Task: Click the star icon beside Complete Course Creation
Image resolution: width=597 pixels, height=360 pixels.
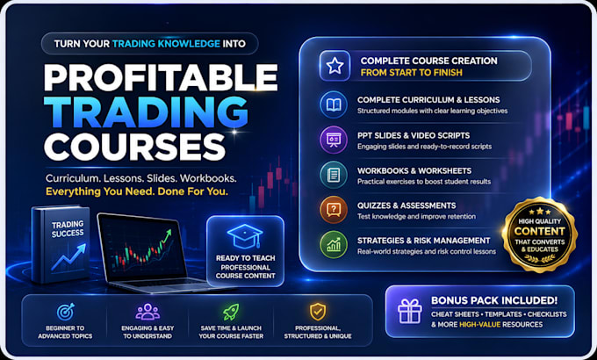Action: click(334, 66)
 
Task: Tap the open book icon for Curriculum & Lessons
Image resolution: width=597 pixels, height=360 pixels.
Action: click(334, 104)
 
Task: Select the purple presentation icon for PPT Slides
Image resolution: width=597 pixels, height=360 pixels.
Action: click(334, 140)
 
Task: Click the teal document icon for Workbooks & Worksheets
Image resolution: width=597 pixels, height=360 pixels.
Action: click(334, 175)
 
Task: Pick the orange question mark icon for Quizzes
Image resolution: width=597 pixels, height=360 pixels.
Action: click(334, 210)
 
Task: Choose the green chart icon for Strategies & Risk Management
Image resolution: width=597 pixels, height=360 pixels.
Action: click(334, 245)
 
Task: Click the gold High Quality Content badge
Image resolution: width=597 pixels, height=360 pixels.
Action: click(540, 234)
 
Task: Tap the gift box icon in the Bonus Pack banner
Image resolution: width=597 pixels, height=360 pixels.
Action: click(410, 311)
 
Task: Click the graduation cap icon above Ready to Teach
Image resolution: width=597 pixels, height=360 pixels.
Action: click(245, 236)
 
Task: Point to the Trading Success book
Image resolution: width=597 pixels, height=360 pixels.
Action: click(61, 245)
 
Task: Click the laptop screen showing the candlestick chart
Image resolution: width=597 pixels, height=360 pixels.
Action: click(141, 246)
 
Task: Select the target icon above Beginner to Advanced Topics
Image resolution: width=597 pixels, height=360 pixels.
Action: click(66, 312)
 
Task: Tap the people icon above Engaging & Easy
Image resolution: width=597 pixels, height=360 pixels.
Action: click(147, 312)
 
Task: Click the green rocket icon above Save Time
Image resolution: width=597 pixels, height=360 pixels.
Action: click(231, 312)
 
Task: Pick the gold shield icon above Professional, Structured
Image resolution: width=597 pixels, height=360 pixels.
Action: click(318, 312)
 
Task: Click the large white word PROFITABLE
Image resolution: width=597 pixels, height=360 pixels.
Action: click(161, 77)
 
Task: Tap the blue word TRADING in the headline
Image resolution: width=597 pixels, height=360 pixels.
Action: click(147, 112)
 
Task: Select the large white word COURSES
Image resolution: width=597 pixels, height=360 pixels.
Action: click(134, 147)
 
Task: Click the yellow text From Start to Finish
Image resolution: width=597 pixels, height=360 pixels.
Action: click(411, 72)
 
